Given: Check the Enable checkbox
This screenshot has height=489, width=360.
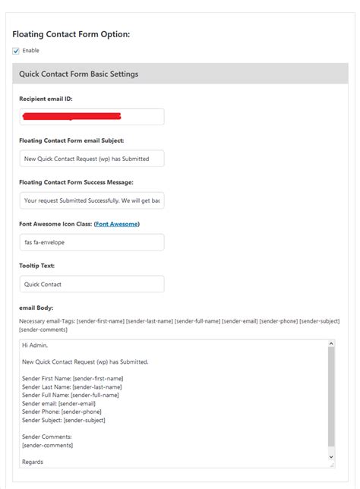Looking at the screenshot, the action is tap(17, 51).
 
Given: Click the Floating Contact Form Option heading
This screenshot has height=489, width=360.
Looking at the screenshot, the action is tap(71, 35).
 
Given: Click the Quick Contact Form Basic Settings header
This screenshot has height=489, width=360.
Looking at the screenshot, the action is tap(79, 74).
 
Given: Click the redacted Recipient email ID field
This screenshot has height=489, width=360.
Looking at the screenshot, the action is tap(92, 117).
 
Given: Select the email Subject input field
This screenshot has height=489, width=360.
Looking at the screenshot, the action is tap(92, 159).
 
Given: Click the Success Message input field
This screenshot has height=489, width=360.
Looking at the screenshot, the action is tap(92, 200).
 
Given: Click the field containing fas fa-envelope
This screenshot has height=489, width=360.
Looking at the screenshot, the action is tap(92, 242).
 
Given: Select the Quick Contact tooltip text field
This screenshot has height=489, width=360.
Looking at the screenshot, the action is tap(92, 284).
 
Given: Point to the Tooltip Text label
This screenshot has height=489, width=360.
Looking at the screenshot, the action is tap(43, 266).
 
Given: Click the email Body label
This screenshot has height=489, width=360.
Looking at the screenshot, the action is tap(36, 308).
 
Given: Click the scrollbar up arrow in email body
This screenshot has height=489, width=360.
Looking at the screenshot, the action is tap(330, 344).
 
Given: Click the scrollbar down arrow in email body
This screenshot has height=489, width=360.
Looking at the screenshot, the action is tap(330, 456).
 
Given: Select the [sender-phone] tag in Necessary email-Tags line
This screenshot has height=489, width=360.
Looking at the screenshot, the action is tap(278, 321).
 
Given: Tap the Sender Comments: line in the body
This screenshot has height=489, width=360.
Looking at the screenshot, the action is tap(47, 437).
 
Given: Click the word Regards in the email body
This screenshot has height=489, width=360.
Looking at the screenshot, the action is tap(33, 461).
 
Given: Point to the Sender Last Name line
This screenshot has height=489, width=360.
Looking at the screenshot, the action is tap(71, 386).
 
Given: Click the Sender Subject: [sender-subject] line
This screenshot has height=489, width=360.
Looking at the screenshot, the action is tap(64, 420).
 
